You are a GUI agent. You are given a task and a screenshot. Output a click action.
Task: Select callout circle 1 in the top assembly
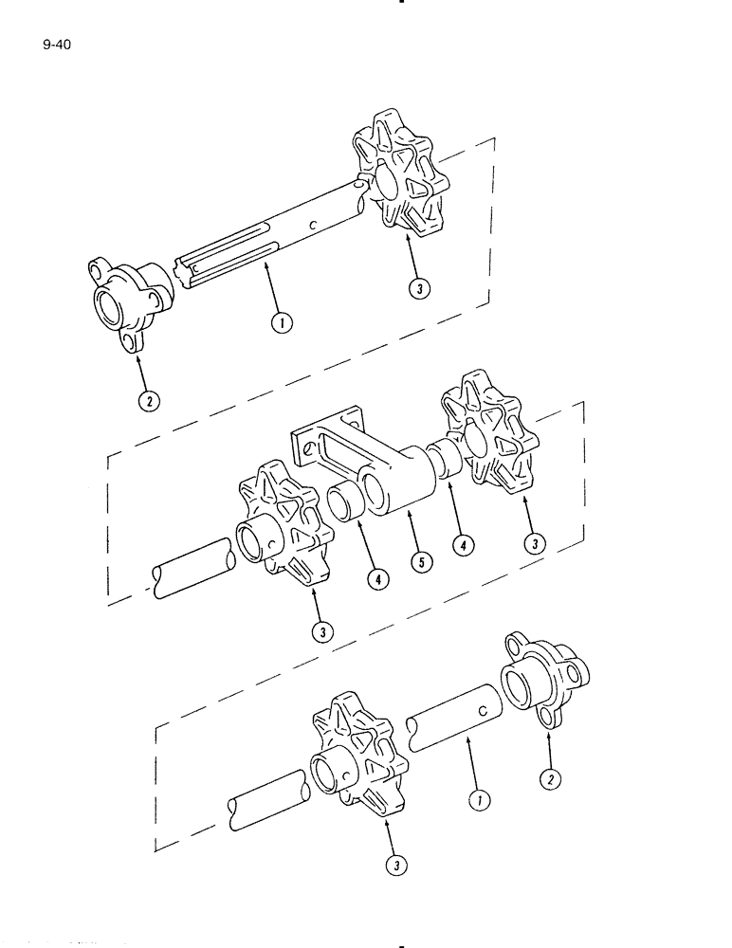click(282, 321)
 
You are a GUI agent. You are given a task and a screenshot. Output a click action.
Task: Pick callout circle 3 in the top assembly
click(418, 287)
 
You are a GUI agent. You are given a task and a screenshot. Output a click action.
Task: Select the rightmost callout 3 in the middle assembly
click(536, 543)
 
